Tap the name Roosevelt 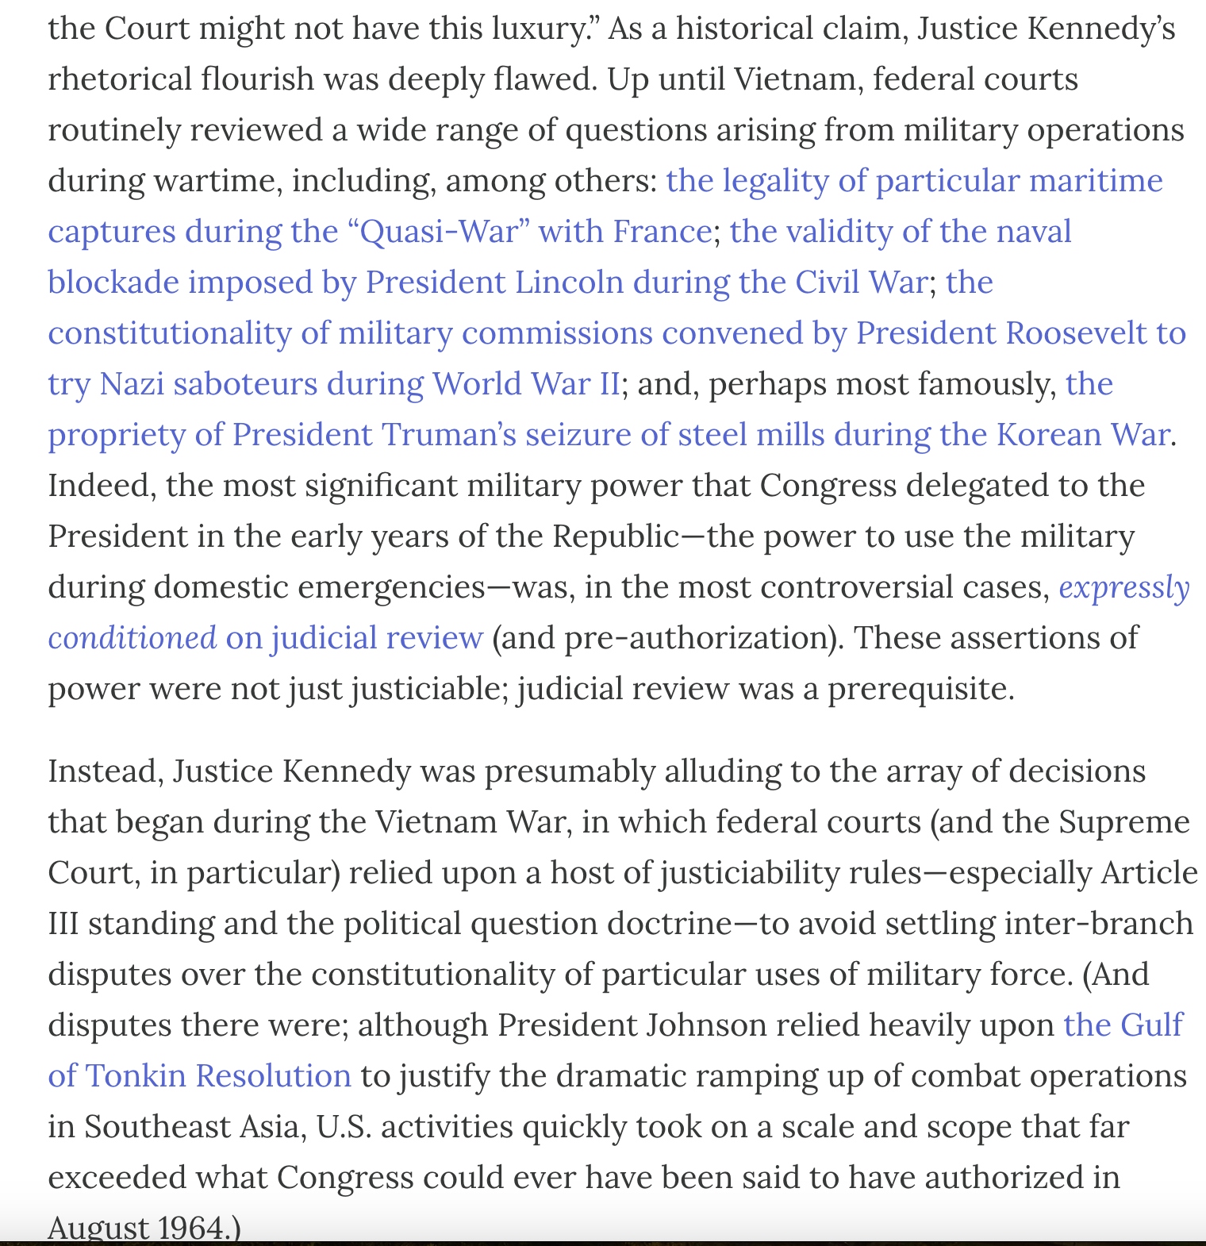point(1075,334)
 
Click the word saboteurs point(245,385)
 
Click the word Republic point(616,537)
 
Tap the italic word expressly point(1124,588)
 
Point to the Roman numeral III point(63,925)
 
